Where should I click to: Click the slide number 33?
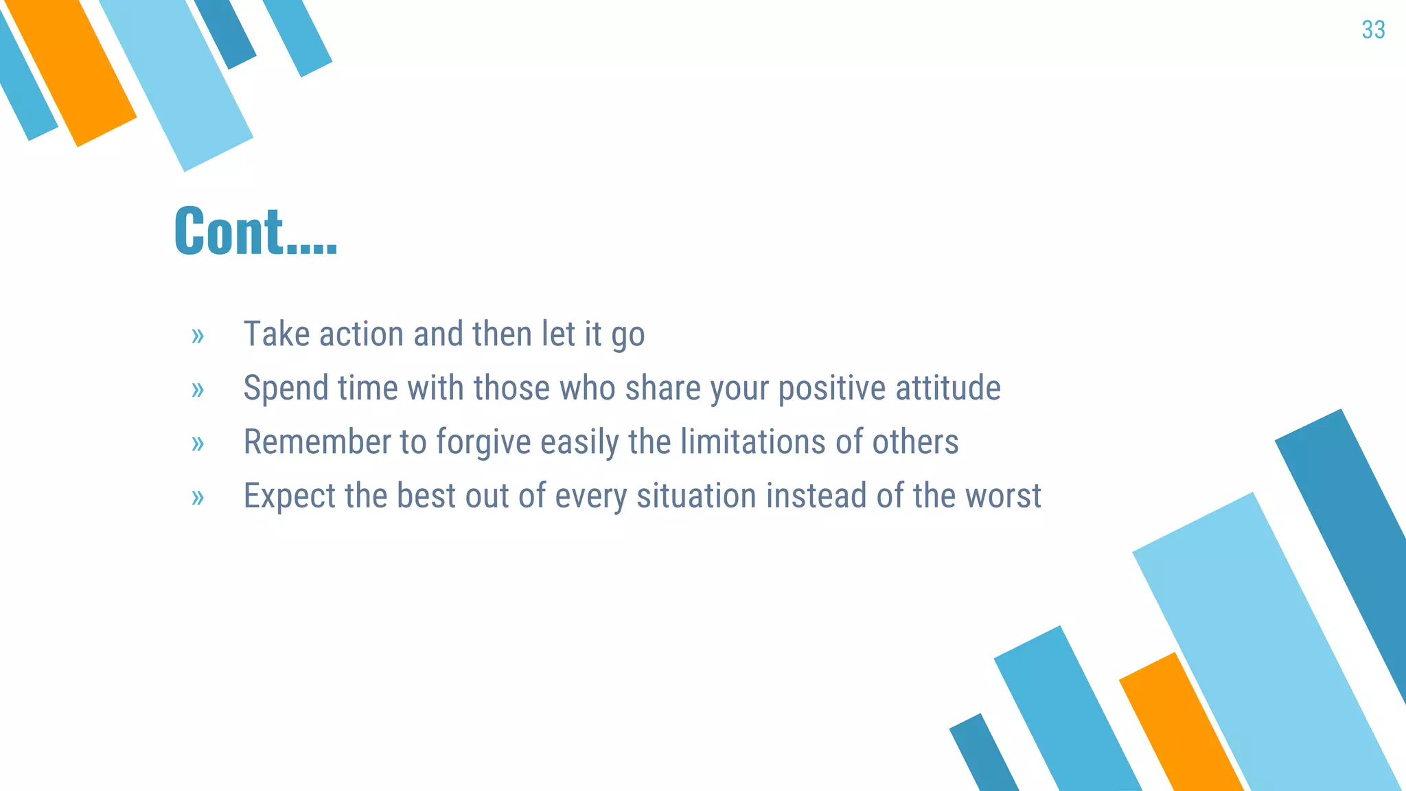(x=1373, y=30)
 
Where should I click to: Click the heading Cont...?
(x=255, y=231)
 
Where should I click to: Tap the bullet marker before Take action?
(x=198, y=336)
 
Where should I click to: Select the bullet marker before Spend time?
(x=198, y=390)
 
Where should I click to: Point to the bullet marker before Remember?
(x=198, y=444)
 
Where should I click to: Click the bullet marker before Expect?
(x=198, y=497)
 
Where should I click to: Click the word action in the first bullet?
(x=361, y=334)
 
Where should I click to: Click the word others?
(x=915, y=442)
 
